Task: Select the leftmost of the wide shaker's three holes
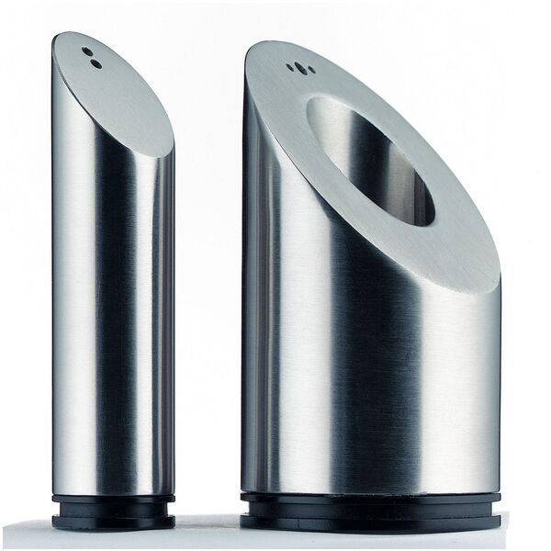click(x=290, y=68)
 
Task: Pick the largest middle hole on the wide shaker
click(x=297, y=66)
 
